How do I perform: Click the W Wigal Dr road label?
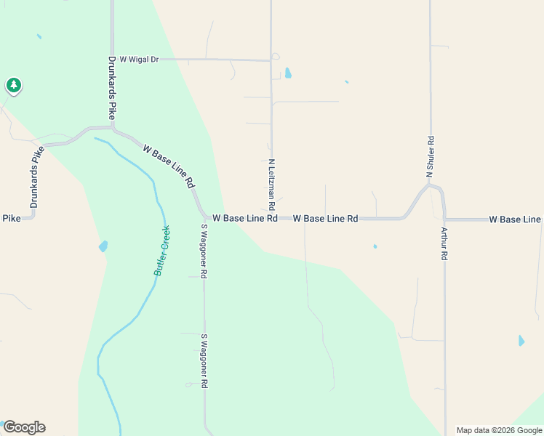(139, 59)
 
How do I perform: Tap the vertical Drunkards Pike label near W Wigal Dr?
(112, 88)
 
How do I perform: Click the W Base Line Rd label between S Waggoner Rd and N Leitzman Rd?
(244, 218)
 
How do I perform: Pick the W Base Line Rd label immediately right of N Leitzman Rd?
(325, 218)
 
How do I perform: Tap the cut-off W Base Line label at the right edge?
(515, 219)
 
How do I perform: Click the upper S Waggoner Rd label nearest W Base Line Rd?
(204, 251)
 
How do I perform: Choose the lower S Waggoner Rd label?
(204, 360)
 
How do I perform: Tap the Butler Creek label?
(162, 250)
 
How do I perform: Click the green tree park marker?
(13, 86)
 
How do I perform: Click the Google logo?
(24, 427)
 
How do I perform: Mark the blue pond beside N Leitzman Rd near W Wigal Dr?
(288, 73)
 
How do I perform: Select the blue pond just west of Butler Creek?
(103, 246)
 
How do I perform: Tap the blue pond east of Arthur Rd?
(521, 340)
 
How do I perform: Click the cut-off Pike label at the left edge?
(11, 218)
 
